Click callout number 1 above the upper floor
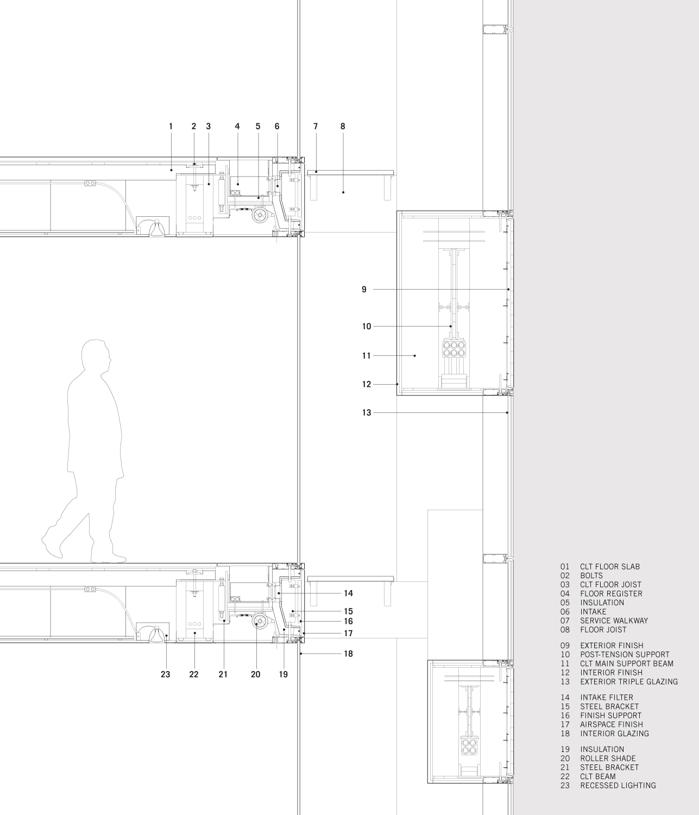(x=171, y=126)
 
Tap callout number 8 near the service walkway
(x=343, y=126)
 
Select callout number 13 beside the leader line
(x=367, y=413)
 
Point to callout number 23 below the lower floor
(x=165, y=674)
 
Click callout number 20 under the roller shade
(x=255, y=674)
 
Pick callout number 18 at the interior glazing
(x=348, y=654)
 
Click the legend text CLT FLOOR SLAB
(x=609, y=567)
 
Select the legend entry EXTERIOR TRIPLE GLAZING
(x=628, y=681)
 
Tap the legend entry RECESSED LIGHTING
(x=618, y=785)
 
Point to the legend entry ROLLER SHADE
(x=607, y=758)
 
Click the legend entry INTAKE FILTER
(x=606, y=698)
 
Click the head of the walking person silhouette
(x=96, y=356)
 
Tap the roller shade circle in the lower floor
(x=260, y=623)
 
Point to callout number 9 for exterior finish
(x=364, y=290)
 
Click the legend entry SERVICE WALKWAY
(x=614, y=620)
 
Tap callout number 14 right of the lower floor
(x=348, y=593)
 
